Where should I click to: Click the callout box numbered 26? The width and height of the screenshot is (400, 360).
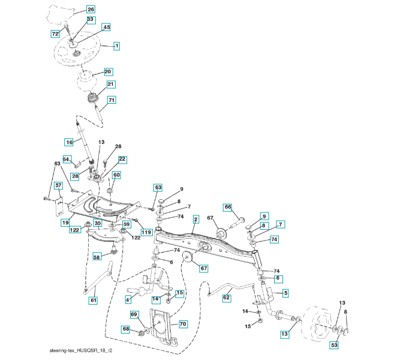coord(90,10)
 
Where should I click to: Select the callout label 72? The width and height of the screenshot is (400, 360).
coord(55,34)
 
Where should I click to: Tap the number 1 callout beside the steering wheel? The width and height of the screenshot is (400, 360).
coord(116,46)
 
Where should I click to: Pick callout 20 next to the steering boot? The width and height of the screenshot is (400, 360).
coord(108,71)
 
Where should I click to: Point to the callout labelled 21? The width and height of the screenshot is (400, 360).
coord(111,85)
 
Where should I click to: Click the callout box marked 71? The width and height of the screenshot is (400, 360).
coord(112,100)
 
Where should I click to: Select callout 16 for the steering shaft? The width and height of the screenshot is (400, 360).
coord(69,142)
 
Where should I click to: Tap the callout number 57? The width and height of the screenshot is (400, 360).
coord(58,185)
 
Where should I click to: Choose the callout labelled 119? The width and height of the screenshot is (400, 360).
coord(146,232)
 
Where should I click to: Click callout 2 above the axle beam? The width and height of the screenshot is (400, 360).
coord(195,221)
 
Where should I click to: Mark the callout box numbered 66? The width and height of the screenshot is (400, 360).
coord(228,207)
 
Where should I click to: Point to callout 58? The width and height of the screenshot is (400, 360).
coord(97,257)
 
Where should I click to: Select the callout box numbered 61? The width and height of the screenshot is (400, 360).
coord(93,299)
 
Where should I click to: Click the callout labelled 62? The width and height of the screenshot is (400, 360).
coord(227,297)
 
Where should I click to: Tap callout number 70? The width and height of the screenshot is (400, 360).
coord(183,324)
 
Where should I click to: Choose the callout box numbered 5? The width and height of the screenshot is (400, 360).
coord(285,293)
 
